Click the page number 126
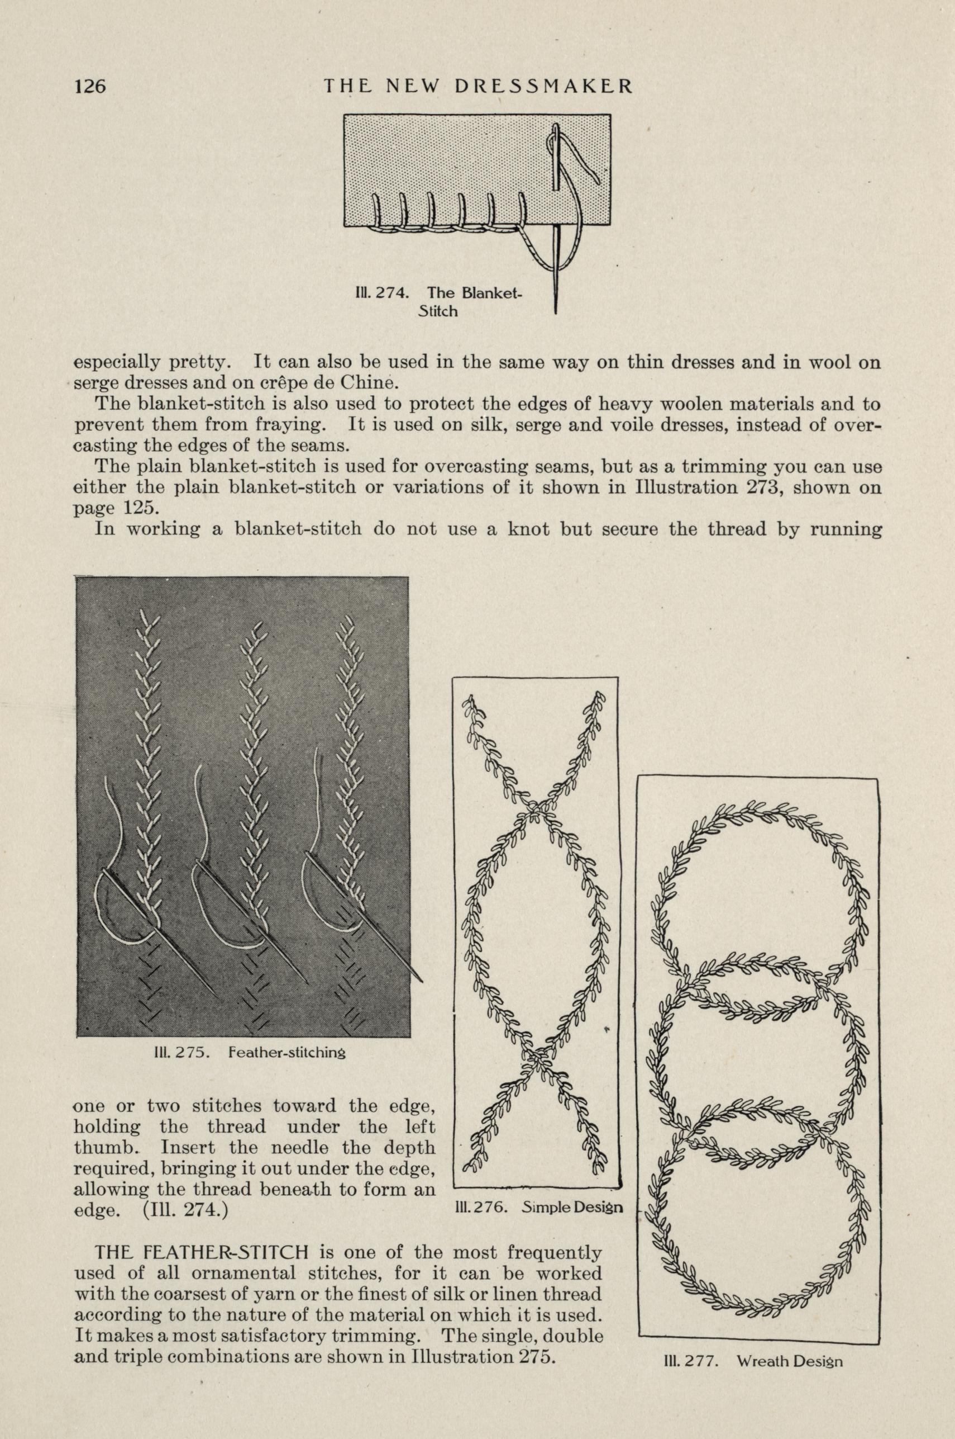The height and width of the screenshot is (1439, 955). click(x=90, y=86)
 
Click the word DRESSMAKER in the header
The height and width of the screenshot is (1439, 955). click(x=543, y=86)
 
